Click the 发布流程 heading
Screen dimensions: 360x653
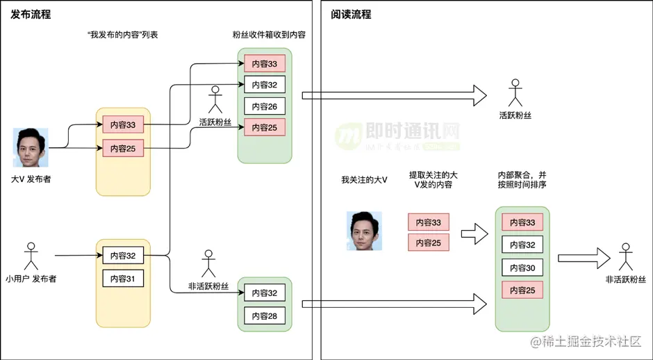pos(31,14)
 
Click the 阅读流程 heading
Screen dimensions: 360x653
pos(352,14)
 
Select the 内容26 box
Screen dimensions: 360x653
pos(265,106)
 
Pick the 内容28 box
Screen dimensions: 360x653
pos(265,316)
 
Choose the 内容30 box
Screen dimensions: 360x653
pos(522,268)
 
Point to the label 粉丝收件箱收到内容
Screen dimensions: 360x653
pos(270,35)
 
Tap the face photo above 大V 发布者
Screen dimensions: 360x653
pos(31,147)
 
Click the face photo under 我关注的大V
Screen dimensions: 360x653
pos(365,231)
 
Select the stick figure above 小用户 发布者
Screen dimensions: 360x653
pos(30,256)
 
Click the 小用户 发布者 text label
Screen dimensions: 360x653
pos(31,279)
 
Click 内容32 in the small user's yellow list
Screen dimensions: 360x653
pos(123,256)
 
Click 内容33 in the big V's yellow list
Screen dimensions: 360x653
pos(123,125)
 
